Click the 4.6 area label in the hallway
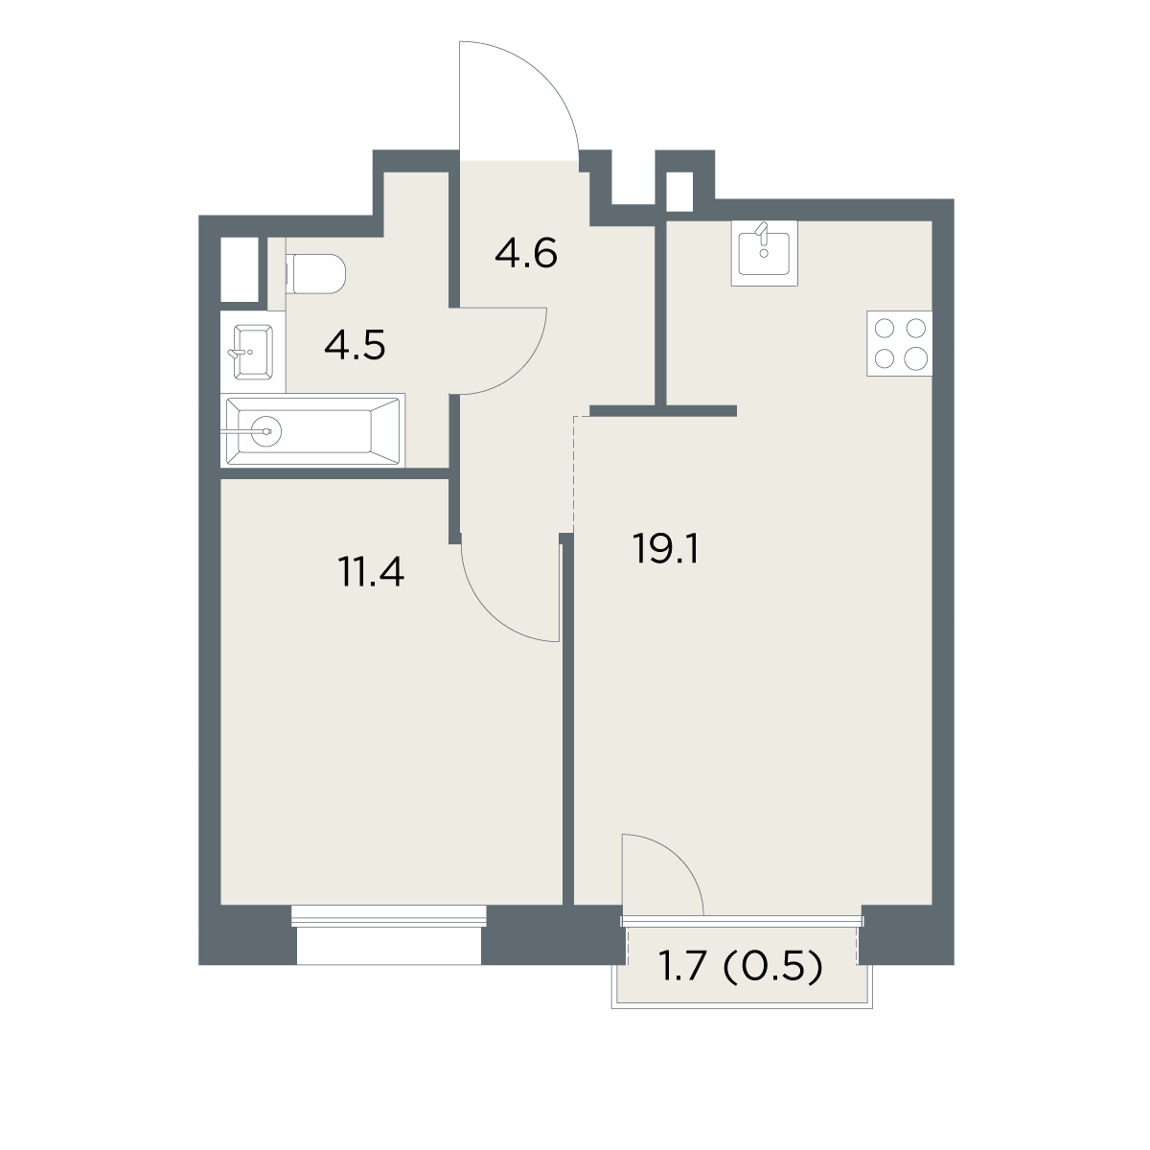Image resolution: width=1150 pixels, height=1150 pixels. tap(526, 253)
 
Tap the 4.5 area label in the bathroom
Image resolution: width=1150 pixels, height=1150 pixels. tap(356, 346)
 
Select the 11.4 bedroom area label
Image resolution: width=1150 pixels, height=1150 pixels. tap(371, 571)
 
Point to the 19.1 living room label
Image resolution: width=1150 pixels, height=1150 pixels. tap(665, 548)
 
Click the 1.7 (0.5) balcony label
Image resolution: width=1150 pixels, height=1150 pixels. tap(740, 966)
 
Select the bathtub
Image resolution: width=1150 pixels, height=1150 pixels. tap(312, 430)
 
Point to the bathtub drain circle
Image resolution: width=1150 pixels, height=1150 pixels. tap(266, 430)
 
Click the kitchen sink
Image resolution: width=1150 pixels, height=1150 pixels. tap(765, 253)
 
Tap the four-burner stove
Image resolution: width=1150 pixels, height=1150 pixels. tap(899, 343)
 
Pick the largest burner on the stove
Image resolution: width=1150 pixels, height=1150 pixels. tap(915, 359)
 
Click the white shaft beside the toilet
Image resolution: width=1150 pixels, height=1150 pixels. tap(240, 269)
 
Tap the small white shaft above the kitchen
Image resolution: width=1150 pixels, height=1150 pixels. tap(679, 192)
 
